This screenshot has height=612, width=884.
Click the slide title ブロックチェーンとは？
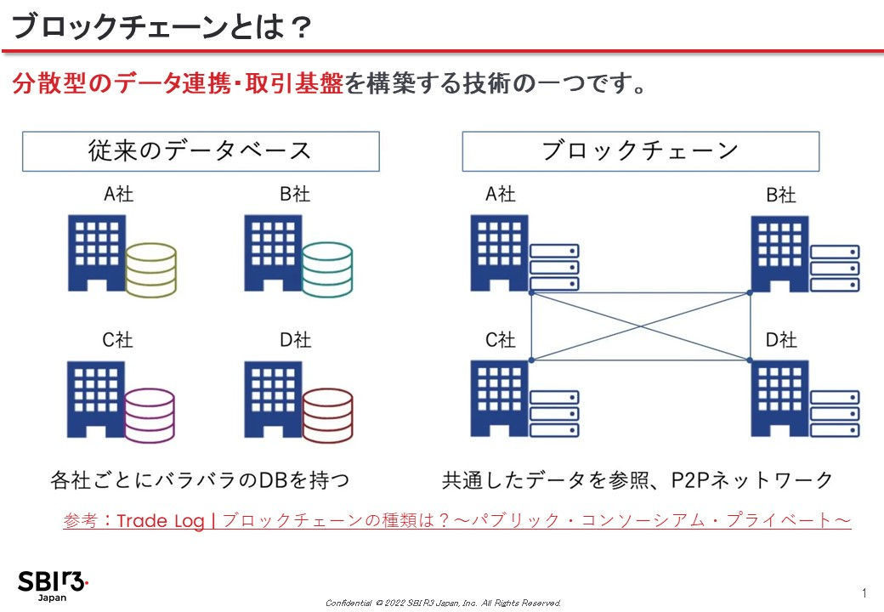(161, 26)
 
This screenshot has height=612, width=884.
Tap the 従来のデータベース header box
(201, 151)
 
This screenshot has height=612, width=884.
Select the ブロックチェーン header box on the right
(640, 151)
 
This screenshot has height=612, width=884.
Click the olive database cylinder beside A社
(150, 270)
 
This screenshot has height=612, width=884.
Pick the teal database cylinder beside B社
(327, 269)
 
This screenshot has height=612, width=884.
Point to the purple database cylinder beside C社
(150, 416)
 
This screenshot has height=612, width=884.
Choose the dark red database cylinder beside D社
(327, 416)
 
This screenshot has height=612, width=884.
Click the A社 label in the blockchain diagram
(500, 195)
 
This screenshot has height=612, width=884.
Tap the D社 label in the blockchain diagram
(781, 340)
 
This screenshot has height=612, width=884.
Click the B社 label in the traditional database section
(295, 195)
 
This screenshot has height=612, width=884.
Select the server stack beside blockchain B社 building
(835, 269)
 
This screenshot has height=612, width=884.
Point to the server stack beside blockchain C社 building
(554, 414)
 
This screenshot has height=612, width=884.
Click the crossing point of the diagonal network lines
(640, 326)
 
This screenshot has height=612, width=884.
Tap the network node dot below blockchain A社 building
(531, 293)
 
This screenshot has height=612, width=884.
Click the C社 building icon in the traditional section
(96, 399)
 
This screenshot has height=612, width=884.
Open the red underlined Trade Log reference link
(457, 520)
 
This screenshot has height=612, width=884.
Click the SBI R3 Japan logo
(53, 586)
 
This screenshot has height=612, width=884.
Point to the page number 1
(864, 592)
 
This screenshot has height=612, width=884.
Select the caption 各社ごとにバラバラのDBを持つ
(200, 480)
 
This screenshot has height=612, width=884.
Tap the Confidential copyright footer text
(443, 603)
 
